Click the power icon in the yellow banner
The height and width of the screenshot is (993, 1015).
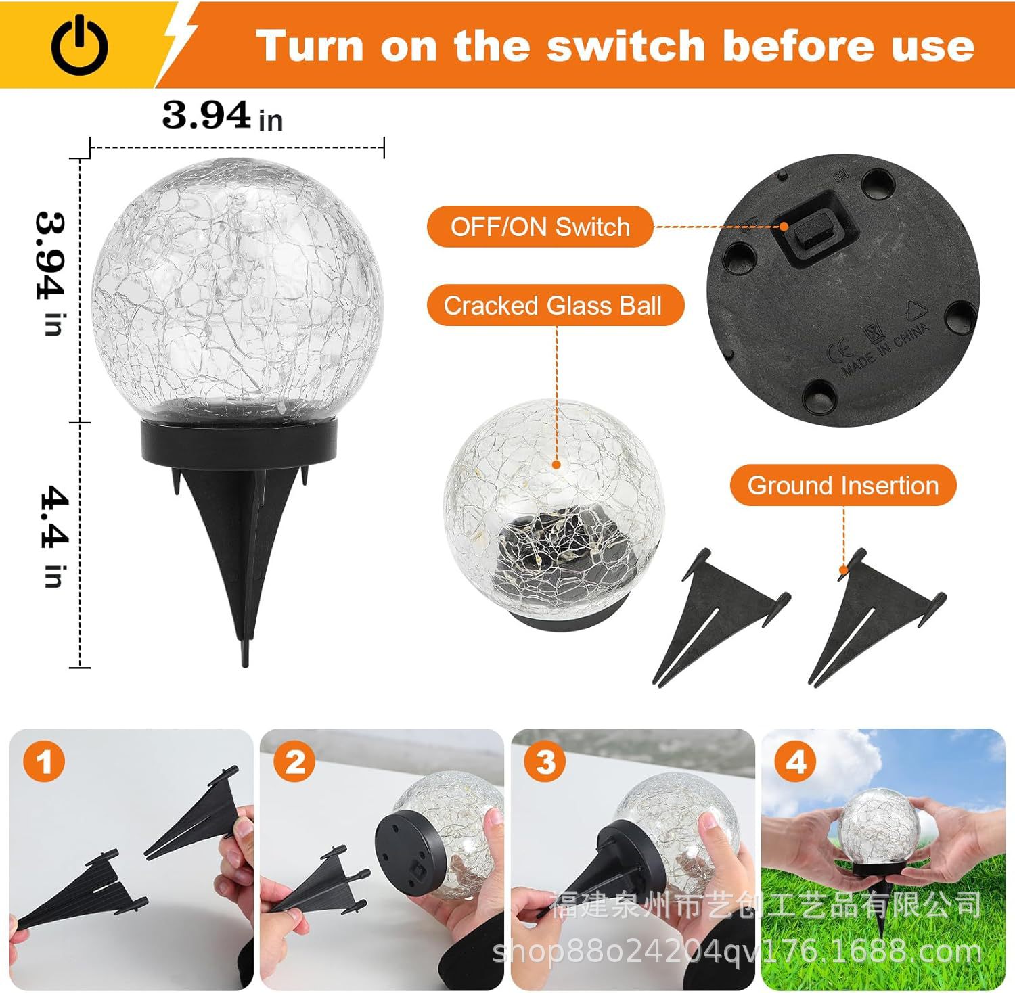point(79,45)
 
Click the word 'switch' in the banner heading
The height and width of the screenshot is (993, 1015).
point(625,46)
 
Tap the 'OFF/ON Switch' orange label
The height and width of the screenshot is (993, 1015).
point(540,227)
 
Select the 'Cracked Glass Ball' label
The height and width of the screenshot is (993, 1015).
point(553,306)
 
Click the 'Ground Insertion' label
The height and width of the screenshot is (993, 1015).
point(842,485)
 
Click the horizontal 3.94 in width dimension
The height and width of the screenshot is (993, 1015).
point(222,116)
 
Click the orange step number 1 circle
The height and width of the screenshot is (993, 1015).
point(44,762)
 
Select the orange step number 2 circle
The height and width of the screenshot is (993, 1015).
point(294,762)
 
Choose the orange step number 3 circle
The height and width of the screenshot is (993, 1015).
point(545,762)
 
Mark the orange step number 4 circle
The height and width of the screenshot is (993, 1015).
point(796,762)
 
